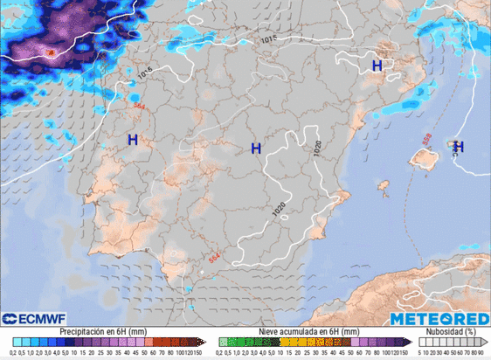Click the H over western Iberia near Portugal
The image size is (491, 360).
(x=133, y=139)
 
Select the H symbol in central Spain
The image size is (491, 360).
(x=256, y=149)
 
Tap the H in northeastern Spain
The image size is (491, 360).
(x=377, y=66)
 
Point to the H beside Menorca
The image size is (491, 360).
(x=458, y=147)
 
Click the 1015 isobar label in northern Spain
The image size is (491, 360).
(x=269, y=39)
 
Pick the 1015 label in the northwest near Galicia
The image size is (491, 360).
(x=143, y=71)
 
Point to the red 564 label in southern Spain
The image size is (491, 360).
(x=213, y=256)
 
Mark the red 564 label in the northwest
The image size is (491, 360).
(x=137, y=105)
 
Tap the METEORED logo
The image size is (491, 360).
(x=438, y=319)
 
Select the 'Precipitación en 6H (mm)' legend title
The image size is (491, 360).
(x=103, y=332)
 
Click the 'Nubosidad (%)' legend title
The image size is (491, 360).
(x=450, y=332)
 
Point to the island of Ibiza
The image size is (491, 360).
(x=382, y=184)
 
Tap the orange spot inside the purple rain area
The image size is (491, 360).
(x=50, y=53)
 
